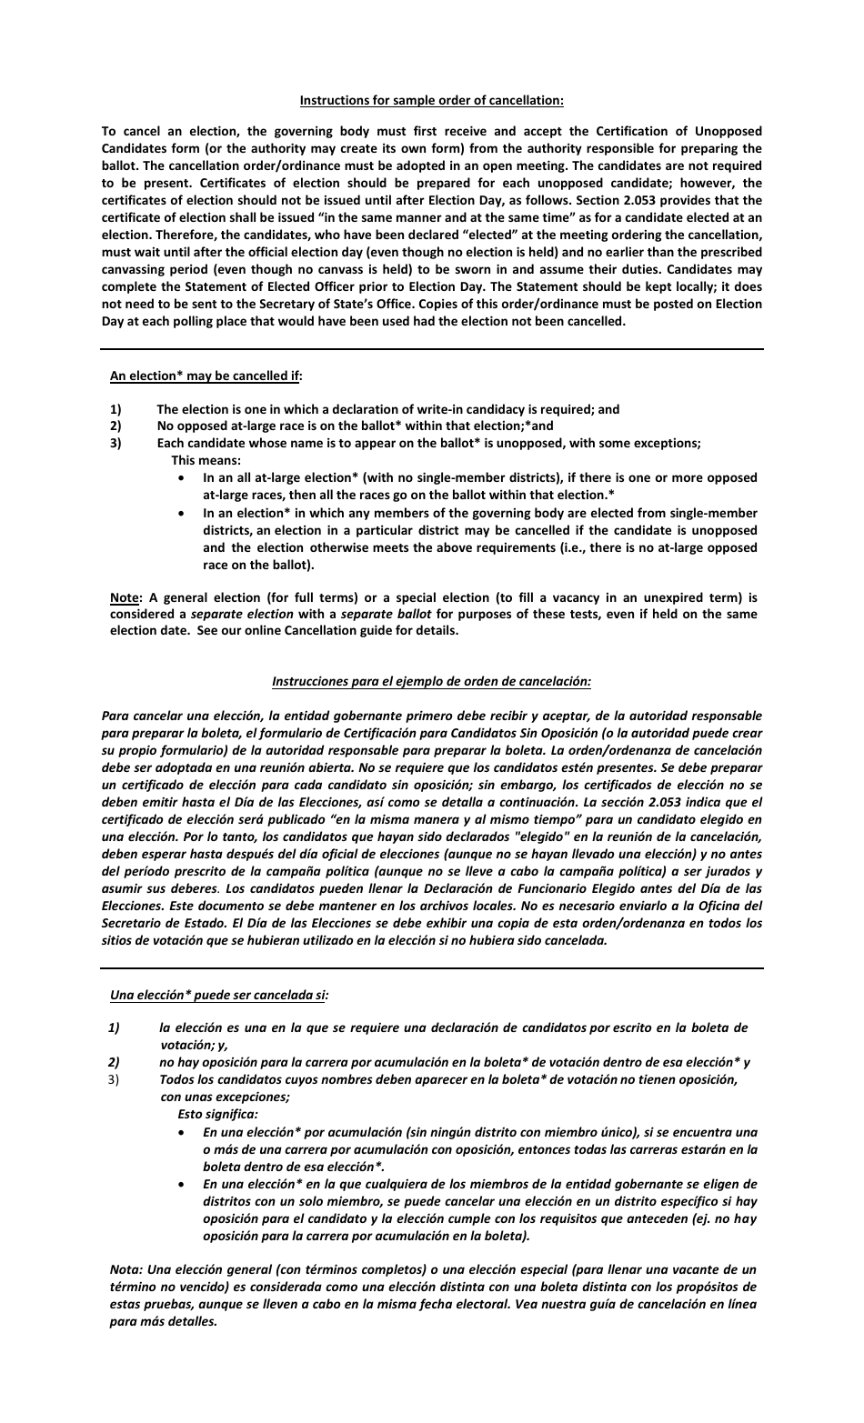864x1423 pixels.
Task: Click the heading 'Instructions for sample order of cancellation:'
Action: click(x=432, y=100)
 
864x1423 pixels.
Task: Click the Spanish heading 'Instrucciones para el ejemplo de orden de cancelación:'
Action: click(x=432, y=680)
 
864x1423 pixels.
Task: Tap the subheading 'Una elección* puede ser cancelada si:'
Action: click(x=219, y=995)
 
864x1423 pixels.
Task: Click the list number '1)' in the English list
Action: click(x=116, y=409)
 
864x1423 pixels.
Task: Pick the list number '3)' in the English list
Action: click(x=116, y=443)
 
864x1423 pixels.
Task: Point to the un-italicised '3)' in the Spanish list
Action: click(x=115, y=1079)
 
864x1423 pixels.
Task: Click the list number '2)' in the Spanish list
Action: click(x=115, y=1062)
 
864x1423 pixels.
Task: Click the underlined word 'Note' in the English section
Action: click(x=125, y=597)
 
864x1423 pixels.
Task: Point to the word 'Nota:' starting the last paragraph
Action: click(x=126, y=1269)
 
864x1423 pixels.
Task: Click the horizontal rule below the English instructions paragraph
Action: click(x=432, y=348)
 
